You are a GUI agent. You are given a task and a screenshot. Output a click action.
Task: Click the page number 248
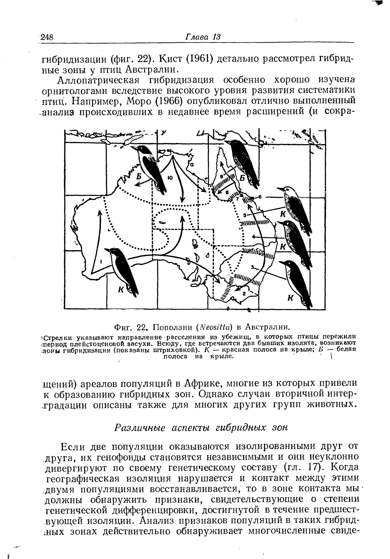coord(47,37)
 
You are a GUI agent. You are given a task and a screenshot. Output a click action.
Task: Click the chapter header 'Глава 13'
coord(203,36)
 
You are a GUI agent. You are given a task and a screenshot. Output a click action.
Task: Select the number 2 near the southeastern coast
coord(244,294)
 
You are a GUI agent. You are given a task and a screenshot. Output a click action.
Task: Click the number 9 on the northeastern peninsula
coord(222,176)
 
